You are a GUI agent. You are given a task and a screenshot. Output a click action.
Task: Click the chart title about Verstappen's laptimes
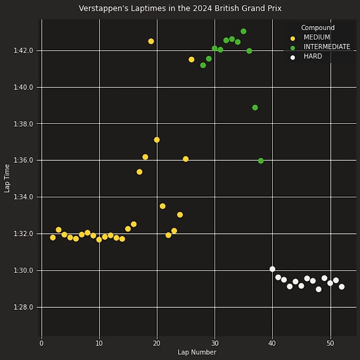coord(180,8)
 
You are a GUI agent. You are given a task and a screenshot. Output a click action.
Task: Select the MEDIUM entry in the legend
coord(317,37)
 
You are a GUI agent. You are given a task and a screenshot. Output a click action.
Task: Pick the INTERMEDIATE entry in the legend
coord(326,47)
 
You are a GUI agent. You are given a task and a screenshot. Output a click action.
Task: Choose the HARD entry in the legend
coord(313,57)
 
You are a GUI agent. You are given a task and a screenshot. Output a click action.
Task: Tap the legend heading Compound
coord(318,28)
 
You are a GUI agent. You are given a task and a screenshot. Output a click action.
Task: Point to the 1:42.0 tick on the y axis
coord(24,50)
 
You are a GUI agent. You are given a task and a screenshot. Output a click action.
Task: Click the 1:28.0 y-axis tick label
coord(24,307)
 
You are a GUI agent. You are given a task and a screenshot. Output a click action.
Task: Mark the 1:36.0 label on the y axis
coord(24,160)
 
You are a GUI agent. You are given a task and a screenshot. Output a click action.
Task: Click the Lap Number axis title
coord(197,352)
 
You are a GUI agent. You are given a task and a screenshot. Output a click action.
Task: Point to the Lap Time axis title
coord(7,178)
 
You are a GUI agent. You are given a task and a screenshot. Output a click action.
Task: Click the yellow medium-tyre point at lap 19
coord(151,41)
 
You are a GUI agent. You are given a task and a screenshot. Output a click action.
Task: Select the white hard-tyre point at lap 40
coord(272,269)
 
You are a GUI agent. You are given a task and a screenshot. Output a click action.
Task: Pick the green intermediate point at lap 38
coord(260,161)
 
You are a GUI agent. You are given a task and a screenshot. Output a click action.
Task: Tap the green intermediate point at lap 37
coord(255,108)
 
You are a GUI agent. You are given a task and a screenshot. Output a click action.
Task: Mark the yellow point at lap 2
coord(53,238)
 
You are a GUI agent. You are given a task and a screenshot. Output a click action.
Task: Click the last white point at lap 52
coord(342,287)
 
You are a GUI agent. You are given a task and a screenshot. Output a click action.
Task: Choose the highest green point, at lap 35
coord(243,32)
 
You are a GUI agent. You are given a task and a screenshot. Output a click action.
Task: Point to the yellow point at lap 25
coord(185,159)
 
